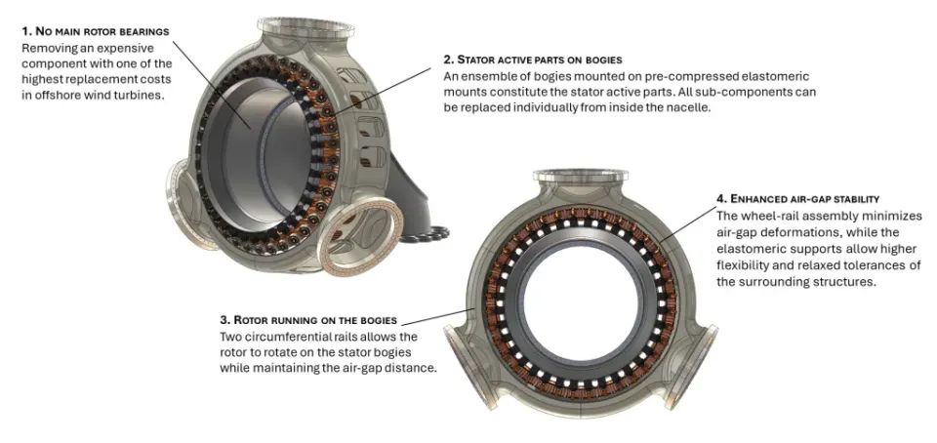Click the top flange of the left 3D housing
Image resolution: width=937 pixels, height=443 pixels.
[289, 25]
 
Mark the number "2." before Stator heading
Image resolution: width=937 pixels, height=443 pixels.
[448, 60]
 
